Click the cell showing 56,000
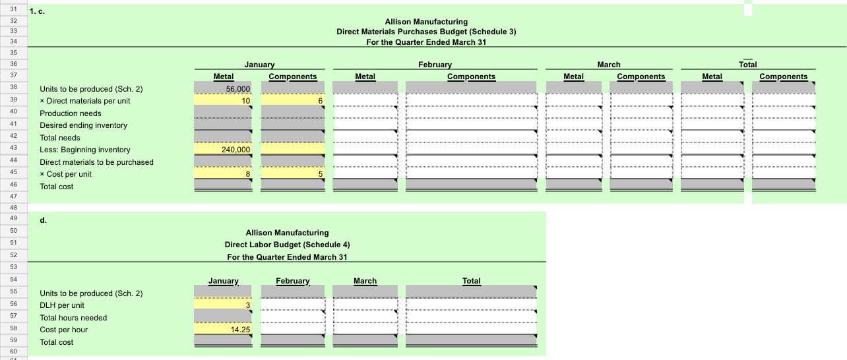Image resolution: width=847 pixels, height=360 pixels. (223, 89)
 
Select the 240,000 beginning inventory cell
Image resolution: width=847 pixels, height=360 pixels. (223, 150)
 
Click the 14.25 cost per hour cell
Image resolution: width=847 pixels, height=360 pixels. (223, 330)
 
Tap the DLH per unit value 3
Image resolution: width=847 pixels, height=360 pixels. (223, 305)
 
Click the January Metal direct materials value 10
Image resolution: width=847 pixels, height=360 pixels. (223, 101)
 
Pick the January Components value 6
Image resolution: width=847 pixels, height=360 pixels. (293, 101)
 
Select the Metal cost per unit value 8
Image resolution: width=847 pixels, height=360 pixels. (223, 174)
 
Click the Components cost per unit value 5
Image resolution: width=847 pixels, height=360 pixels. (293, 174)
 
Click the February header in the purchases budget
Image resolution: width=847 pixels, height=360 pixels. (435, 65)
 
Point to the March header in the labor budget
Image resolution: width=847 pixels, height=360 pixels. (365, 281)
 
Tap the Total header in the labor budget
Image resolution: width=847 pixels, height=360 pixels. (471, 281)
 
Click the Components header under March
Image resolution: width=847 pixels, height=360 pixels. (641, 76)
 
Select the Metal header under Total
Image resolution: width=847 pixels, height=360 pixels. (712, 76)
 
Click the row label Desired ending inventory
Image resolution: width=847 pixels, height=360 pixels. (84, 125)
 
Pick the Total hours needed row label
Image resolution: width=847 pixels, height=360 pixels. (73, 318)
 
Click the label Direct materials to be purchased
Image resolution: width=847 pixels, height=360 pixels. (96, 162)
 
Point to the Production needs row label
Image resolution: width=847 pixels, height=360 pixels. (71, 113)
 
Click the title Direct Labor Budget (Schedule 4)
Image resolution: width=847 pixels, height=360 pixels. (287, 245)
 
